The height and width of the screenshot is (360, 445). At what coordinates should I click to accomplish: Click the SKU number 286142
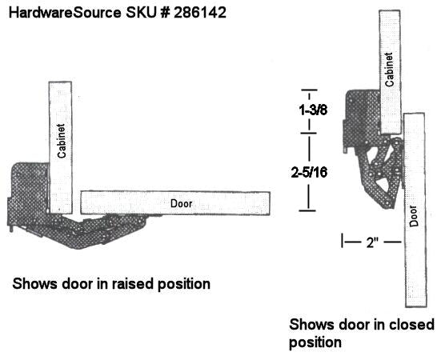pos(200,13)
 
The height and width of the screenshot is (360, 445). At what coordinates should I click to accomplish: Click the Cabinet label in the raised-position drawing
pos(62,141)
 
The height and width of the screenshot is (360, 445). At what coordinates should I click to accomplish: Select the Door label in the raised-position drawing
pos(181,203)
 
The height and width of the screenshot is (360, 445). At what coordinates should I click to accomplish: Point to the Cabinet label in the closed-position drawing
pos(389,70)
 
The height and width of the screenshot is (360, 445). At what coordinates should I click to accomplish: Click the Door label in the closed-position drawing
pos(414,216)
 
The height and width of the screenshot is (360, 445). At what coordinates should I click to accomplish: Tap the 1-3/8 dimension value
pos(313,110)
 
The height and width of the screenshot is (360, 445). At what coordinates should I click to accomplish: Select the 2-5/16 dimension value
pos(310,172)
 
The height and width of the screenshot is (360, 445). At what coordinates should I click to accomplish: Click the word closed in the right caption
pos(411,324)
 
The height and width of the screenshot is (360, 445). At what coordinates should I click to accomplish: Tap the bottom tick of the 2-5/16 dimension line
pos(307,210)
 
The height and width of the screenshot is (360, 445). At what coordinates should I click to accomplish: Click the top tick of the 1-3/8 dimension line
pos(309,90)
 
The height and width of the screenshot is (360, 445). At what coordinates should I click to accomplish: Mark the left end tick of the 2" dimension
pos(343,241)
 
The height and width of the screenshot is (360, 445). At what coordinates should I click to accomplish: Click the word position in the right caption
pos(315,342)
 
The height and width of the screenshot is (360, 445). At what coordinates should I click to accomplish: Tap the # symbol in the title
pos(165,13)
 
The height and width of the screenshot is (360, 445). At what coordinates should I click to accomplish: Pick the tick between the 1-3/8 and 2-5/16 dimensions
pos(309,133)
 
